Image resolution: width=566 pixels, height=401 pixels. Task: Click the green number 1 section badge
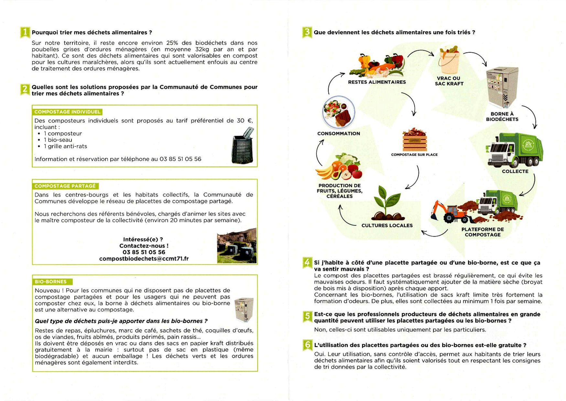[25, 32]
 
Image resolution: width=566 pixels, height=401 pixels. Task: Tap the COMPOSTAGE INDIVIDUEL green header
[67, 112]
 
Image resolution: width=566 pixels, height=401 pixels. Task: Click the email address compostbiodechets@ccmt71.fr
[144, 259]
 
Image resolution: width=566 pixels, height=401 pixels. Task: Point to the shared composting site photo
[236, 246]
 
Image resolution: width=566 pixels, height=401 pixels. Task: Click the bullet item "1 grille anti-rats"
[65, 146]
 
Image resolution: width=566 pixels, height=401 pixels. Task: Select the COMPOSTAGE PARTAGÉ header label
[65, 186]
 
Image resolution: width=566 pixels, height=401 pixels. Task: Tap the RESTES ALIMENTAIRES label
[376, 82]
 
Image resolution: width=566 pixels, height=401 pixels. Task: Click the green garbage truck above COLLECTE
[514, 150]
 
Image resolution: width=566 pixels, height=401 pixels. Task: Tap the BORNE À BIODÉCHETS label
[502, 117]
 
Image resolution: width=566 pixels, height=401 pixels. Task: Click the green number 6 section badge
[307, 345]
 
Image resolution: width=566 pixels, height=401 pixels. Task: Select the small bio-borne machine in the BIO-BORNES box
[244, 310]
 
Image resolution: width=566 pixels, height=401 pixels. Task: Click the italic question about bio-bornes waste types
[121, 321]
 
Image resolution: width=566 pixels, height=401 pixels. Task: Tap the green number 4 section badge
[307, 262]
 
